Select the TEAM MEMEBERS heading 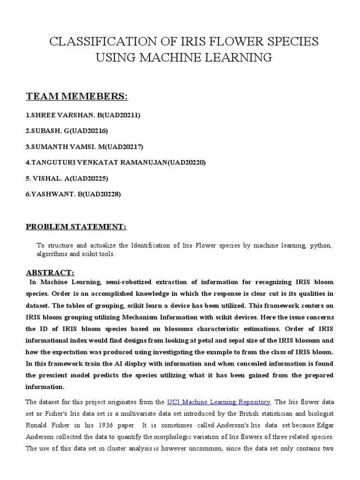[x=76, y=97]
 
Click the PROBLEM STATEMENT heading [x=76, y=227]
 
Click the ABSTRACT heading [x=50, y=272]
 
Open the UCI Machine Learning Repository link [x=218, y=402]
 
